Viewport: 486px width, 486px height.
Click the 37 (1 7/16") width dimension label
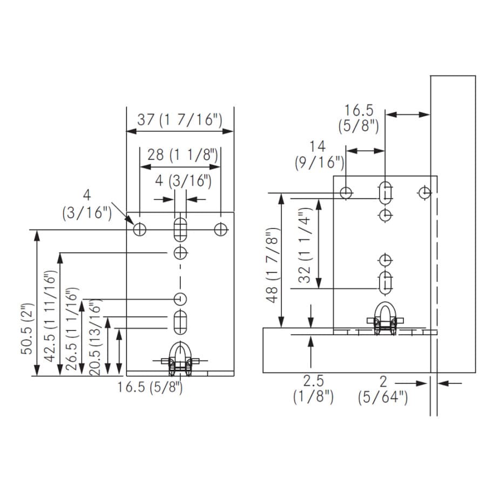180,120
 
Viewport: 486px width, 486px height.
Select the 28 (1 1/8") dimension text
183,154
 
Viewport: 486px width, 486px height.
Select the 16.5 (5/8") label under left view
150,387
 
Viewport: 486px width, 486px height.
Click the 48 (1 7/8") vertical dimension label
273,265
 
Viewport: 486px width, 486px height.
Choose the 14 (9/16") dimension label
320,154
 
